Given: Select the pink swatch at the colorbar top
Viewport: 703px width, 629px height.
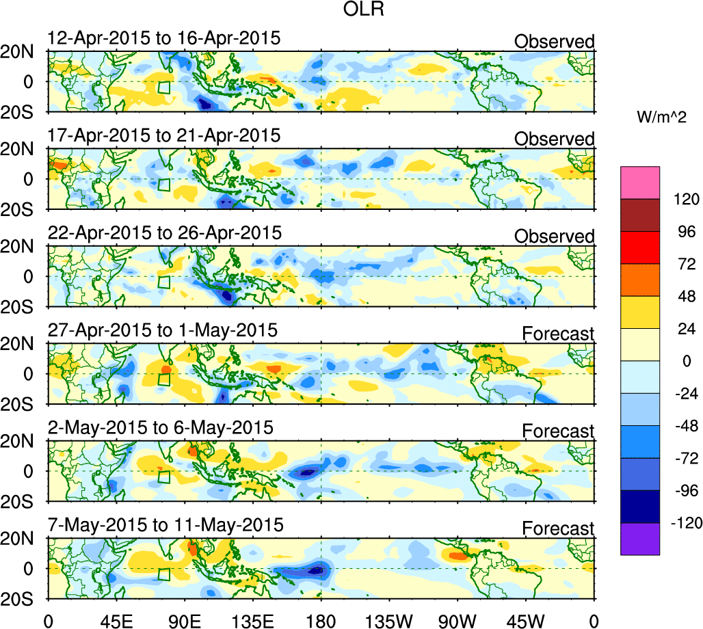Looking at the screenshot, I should (640, 181).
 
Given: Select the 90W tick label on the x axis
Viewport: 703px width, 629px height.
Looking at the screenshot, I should (457, 621).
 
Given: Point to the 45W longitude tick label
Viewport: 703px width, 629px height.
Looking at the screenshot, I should (526, 621).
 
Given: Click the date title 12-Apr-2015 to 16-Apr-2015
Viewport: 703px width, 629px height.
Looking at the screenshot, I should (164, 38).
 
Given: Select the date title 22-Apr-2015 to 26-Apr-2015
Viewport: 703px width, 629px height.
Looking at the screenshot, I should (164, 233).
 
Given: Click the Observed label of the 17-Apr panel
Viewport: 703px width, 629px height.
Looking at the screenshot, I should (555, 139).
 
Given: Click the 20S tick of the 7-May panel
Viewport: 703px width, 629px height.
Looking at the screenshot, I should (23, 598).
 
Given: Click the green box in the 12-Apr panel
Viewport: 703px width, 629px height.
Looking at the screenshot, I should (163, 88).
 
